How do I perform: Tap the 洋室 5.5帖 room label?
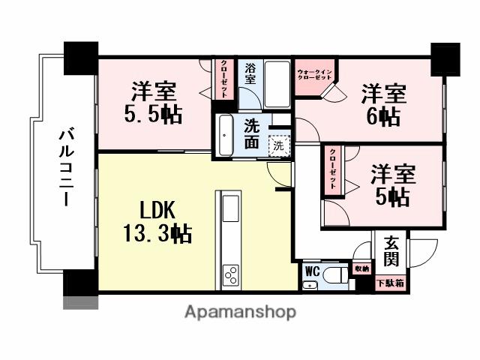tap(154, 103)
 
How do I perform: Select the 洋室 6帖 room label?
tap(383, 104)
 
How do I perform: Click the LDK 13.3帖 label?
tap(157, 220)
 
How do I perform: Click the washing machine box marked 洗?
tap(279, 144)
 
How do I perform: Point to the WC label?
tap(313, 271)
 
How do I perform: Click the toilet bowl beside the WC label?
tap(336, 273)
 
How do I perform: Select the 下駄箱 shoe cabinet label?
tap(390, 283)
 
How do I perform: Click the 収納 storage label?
tap(362, 268)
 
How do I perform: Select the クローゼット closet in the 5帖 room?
tap(331, 172)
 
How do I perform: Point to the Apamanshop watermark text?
tap(240, 310)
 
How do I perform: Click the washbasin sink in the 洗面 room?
tap(226, 135)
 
